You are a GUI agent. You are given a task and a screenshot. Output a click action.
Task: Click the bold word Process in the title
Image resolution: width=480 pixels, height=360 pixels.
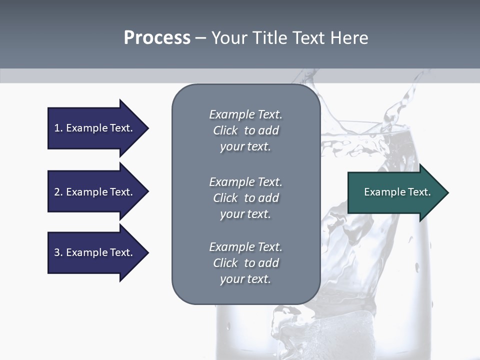pyautogui.click(x=157, y=38)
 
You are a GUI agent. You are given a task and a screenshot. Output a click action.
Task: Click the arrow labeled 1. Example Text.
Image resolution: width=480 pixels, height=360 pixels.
pyautogui.click(x=95, y=128)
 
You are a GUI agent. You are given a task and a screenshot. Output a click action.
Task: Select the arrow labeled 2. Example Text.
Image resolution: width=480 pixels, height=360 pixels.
pyautogui.click(x=95, y=192)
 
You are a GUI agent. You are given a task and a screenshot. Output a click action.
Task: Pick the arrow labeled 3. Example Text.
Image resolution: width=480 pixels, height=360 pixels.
pyautogui.click(x=95, y=252)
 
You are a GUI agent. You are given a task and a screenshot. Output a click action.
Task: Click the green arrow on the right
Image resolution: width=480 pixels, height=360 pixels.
pyautogui.click(x=395, y=192)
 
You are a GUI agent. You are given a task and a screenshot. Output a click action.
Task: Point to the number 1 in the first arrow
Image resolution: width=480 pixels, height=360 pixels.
pyautogui.click(x=57, y=128)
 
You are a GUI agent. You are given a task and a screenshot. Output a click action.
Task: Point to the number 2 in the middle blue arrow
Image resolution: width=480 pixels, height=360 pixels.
pyautogui.click(x=57, y=192)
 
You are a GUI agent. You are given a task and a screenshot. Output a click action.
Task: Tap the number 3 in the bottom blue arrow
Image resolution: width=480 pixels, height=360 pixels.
pyautogui.click(x=57, y=252)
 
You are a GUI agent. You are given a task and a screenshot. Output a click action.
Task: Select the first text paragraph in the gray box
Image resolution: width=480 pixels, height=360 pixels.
pyautogui.click(x=245, y=130)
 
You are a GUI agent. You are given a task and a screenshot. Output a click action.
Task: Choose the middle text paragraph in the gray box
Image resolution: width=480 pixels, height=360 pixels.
pyautogui.click(x=245, y=198)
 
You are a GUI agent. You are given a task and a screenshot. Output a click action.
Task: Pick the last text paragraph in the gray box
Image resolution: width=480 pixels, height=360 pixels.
pyautogui.click(x=245, y=263)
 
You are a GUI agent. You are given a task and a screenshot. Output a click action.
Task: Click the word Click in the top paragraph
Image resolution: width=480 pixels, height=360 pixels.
pyautogui.click(x=225, y=130)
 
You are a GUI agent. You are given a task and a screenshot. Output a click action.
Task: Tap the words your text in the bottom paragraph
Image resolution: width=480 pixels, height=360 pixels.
pyautogui.click(x=245, y=279)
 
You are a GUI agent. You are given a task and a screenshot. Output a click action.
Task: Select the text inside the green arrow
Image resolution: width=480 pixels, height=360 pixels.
pyautogui.click(x=397, y=192)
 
